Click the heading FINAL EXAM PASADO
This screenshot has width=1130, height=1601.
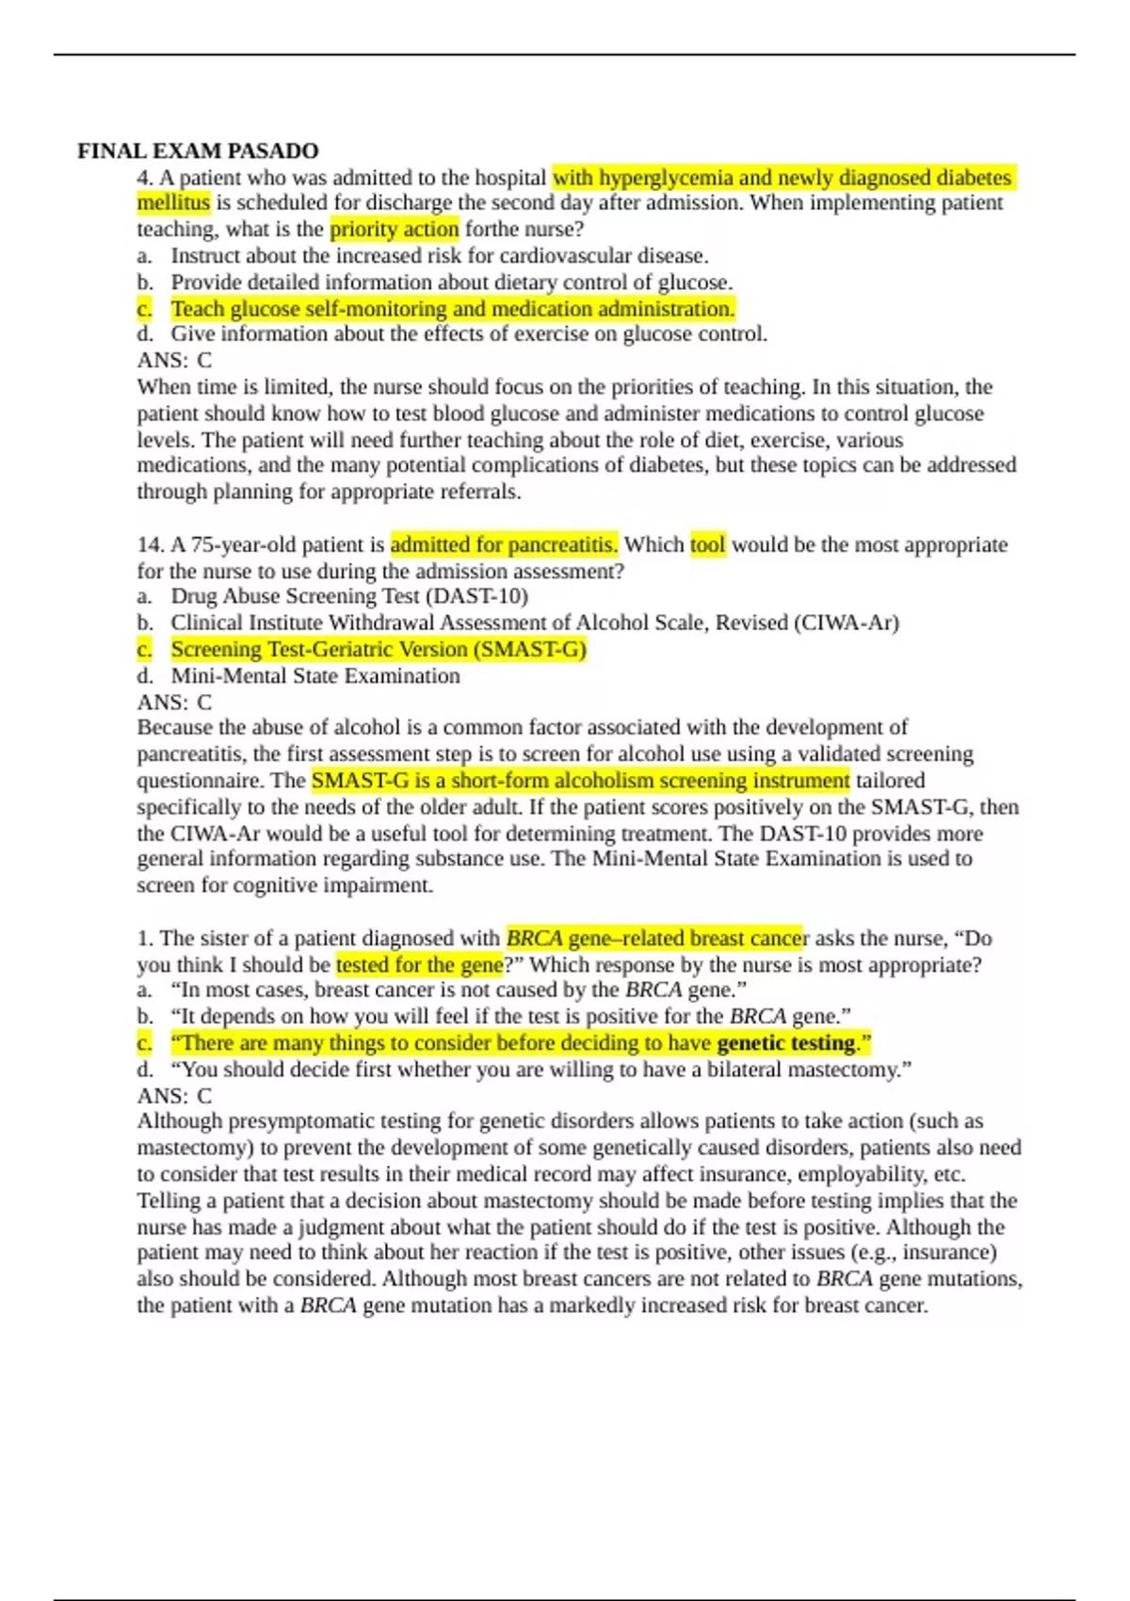tap(198, 151)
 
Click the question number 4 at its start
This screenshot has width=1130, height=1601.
tap(145, 177)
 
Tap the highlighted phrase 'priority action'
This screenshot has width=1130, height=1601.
tap(395, 229)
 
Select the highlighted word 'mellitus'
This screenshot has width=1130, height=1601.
tap(173, 202)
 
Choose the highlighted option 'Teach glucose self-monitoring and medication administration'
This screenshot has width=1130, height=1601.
tap(452, 309)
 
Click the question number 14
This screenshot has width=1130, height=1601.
tap(150, 544)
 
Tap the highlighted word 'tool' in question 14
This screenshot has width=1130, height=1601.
tap(708, 544)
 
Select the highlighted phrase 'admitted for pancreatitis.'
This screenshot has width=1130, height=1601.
tap(504, 544)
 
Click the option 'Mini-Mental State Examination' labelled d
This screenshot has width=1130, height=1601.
tap(315, 676)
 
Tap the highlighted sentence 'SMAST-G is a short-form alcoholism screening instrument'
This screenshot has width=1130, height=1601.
tap(580, 781)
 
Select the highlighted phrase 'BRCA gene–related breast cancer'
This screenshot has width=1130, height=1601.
tap(654, 938)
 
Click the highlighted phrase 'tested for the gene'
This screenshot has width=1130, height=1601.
tap(419, 964)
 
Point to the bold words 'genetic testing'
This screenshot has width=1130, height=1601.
tap(786, 1043)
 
